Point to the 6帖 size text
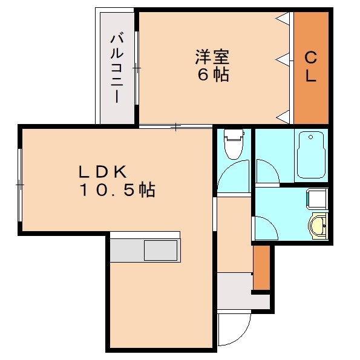(x=212, y=76)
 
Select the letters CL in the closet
(x=310, y=68)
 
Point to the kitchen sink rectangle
(x=161, y=250)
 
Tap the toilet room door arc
(x=234, y=175)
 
